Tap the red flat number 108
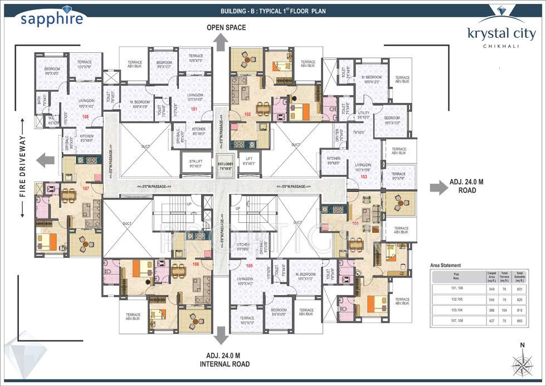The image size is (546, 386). point(85,116)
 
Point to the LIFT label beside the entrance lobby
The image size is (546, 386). point(249,163)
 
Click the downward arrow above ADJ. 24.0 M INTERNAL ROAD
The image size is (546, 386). point(221,336)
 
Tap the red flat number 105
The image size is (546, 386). point(249,266)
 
